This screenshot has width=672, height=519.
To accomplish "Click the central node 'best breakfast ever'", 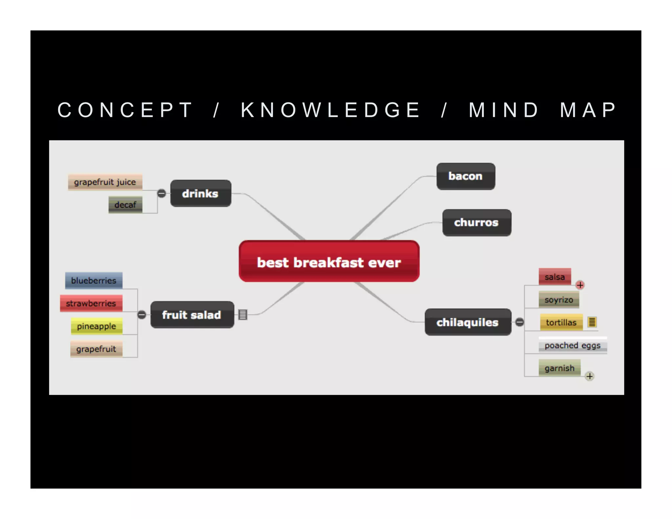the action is (329, 261).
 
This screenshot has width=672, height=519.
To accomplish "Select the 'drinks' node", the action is (200, 194).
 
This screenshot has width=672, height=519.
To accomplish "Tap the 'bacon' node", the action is (466, 176).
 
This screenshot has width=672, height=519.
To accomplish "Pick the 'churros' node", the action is (476, 223).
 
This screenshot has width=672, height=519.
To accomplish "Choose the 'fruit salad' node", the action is (192, 315).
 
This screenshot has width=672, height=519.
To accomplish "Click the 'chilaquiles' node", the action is (468, 322).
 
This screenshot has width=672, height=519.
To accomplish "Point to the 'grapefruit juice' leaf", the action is (105, 182).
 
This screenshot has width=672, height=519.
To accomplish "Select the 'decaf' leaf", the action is (125, 205).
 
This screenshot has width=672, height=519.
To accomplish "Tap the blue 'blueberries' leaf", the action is (94, 280).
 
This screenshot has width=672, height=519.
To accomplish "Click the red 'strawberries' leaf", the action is (91, 303).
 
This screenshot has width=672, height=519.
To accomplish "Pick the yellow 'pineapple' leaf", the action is (96, 326).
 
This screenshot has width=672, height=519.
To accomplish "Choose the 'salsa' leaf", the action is (555, 277).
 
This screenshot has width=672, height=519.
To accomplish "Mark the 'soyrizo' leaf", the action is (558, 300).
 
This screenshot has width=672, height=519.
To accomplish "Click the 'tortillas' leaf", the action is (561, 322).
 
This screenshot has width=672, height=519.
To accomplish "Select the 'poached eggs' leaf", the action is (572, 345).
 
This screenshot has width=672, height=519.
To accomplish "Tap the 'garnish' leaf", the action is (559, 368).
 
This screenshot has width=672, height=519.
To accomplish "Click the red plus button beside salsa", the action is (580, 285).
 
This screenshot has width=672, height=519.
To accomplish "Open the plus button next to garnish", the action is (590, 376).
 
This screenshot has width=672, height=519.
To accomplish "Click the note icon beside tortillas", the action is (592, 322).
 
